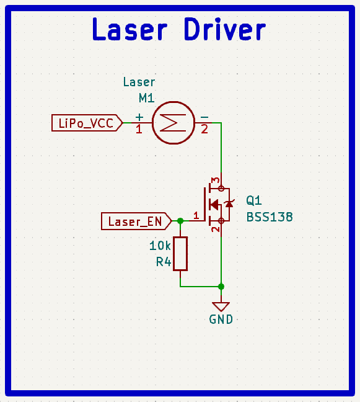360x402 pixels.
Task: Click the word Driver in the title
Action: pyautogui.click(x=225, y=30)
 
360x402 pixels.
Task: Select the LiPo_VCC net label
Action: pyautogui.click(x=86, y=123)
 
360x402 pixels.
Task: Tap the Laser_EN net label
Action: pyautogui.click(x=134, y=221)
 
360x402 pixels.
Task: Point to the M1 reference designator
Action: pyautogui.click(x=146, y=97)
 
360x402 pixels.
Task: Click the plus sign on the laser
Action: pyautogui.click(x=139, y=117)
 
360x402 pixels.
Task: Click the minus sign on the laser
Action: pyautogui.click(x=204, y=117)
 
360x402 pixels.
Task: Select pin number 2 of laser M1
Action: pyautogui.click(x=204, y=129)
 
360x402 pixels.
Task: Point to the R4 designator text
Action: pyautogui.click(x=163, y=262)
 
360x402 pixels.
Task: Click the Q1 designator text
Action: pyautogui.click(x=254, y=200)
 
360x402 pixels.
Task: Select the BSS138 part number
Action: pyautogui.click(x=269, y=217)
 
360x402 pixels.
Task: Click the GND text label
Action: pyautogui.click(x=221, y=320)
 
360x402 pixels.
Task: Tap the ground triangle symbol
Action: pyautogui.click(x=221, y=306)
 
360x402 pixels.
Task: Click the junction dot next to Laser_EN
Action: pyautogui.click(x=180, y=221)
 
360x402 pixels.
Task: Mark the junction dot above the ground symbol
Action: pyautogui.click(x=221, y=287)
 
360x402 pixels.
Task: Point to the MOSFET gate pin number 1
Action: pyautogui.click(x=196, y=215)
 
